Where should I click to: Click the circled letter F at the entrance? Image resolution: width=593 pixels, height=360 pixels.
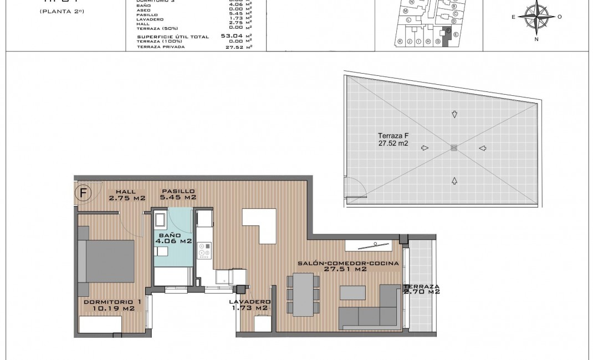83,193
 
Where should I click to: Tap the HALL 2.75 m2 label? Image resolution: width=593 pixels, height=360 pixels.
127,194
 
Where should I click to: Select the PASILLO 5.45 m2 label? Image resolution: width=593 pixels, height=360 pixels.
178,194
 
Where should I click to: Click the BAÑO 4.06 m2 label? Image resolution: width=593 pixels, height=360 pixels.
173,238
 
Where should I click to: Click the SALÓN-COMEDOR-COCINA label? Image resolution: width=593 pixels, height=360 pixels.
348,266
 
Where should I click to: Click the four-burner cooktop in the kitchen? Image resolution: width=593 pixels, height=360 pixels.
205,250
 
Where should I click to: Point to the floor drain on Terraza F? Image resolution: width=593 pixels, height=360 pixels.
454,147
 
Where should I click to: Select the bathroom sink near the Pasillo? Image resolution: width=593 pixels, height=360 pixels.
161,220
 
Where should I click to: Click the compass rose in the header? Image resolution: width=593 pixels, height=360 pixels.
536,17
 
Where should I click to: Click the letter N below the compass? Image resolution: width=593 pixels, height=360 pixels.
536,39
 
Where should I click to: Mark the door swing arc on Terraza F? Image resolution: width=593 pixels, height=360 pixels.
355,189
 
